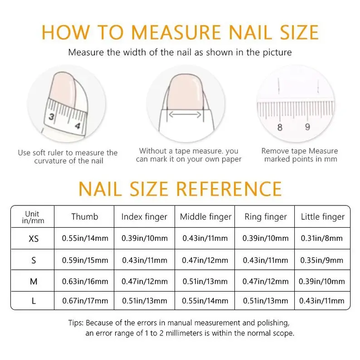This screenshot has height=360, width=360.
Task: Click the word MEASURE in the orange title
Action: (x=176, y=32)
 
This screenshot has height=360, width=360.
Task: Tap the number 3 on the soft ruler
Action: (x=51, y=117)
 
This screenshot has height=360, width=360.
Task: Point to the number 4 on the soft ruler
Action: (x=78, y=126)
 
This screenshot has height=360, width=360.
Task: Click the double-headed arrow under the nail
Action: (x=185, y=114)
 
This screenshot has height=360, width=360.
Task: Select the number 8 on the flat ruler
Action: (x=280, y=127)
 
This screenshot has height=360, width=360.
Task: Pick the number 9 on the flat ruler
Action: (x=308, y=127)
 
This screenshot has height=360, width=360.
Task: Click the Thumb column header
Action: (x=85, y=217)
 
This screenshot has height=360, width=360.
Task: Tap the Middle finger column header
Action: (x=206, y=217)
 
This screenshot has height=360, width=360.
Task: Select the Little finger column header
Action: (x=323, y=217)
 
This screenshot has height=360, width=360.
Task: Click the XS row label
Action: (x=34, y=239)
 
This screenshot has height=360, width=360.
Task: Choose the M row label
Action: (x=34, y=281)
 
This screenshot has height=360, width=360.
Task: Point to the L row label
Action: (x=34, y=301)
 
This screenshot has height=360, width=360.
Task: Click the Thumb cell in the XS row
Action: (x=85, y=238)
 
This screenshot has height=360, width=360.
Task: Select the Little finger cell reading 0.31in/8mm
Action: (x=322, y=238)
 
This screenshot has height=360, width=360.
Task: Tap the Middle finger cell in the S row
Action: (x=205, y=260)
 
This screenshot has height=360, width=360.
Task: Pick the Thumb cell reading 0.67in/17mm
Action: (x=85, y=301)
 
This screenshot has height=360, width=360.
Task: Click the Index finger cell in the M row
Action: (x=145, y=281)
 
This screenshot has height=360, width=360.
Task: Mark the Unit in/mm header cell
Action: (x=33, y=217)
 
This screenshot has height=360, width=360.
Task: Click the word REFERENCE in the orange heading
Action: (x=229, y=189)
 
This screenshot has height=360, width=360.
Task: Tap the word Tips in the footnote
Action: (x=76, y=323)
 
